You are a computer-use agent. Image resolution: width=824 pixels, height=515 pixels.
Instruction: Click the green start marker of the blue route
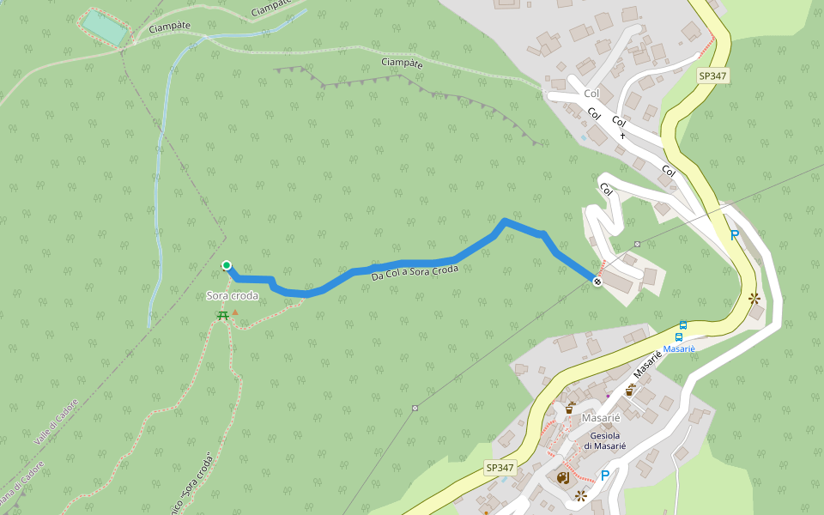[x=227, y=265]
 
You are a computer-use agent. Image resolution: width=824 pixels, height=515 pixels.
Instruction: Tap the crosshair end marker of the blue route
[x=597, y=282]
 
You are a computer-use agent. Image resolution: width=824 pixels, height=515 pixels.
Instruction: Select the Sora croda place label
[x=232, y=296]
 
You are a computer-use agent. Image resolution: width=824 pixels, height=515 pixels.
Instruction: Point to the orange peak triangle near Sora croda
[x=235, y=324]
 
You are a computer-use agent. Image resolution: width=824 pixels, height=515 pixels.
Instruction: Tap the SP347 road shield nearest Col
[x=712, y=76]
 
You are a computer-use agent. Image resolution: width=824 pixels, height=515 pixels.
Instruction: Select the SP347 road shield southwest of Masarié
[x=500, y=468]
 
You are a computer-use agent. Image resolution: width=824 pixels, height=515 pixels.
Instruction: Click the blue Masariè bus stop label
[x=678, y=349]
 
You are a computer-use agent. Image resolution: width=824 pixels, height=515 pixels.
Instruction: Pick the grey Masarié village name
[x=601, y=418]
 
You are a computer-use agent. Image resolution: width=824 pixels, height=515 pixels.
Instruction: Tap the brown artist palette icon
[x=563, y=477]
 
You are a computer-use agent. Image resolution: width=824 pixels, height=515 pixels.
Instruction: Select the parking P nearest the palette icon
[x=605, y=476]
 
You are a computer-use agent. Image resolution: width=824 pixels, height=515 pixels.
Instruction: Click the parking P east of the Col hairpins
[x=734, y=234]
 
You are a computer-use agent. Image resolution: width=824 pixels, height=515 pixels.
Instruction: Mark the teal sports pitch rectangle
[x=105, y=28]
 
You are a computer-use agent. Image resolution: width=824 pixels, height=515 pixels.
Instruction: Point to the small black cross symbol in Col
[x=622, y=136]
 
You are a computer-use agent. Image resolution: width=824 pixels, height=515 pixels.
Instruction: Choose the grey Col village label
[x=591, y=93]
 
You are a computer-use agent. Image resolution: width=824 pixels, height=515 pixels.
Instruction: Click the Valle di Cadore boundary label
[x=57, y=421]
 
